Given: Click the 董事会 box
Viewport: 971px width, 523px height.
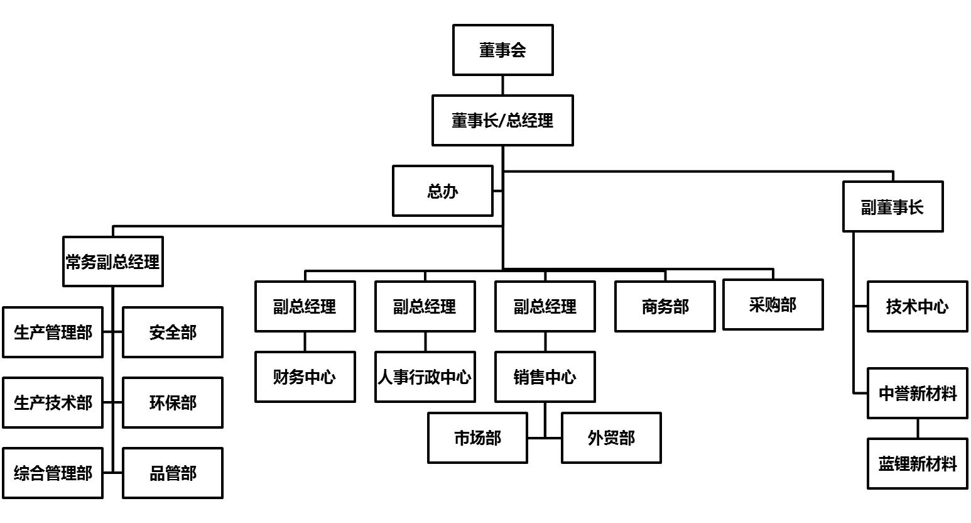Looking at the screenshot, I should click(x=502, y=50).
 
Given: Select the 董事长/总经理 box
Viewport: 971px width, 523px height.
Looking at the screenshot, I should click(x=502, y=120).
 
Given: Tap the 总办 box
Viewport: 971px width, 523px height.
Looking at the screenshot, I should click(x=442, y=191).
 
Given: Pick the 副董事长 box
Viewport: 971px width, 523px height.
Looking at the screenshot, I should click(x=892, y=207).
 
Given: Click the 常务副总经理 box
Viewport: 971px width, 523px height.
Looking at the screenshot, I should click(x=113, y=261).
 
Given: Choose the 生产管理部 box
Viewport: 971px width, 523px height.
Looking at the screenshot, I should click(x=53, y=333).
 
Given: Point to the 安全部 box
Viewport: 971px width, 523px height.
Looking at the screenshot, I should click(x=173, y=333).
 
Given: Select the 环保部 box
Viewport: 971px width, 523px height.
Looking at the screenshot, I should click(x=173, y=403).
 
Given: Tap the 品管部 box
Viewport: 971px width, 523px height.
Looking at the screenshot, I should click(x=173, y=473).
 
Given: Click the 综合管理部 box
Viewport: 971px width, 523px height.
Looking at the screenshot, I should click(x=53, y=473).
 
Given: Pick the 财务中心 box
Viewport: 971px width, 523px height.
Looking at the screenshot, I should click(x=305, y=377).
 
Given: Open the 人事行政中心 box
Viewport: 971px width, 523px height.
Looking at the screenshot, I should click(x=425, y=377).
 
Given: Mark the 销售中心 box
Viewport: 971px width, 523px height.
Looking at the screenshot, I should click(x=545, y=377).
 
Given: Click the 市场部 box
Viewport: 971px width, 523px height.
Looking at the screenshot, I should click(x=477, y=438).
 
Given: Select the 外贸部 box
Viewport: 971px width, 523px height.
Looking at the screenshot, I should click(x=611, y=438).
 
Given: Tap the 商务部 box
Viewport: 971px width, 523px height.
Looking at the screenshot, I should click(x=665, y=307).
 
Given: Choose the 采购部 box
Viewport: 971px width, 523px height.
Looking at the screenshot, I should click(x=773, y=305).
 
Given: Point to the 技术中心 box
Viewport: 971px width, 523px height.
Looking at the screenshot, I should click(x=917, y=307).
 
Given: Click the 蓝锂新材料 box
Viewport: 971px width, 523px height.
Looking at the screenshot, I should click(x=917, y=464).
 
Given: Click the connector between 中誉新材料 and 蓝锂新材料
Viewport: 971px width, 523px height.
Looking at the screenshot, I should click(x=917, y=429).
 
